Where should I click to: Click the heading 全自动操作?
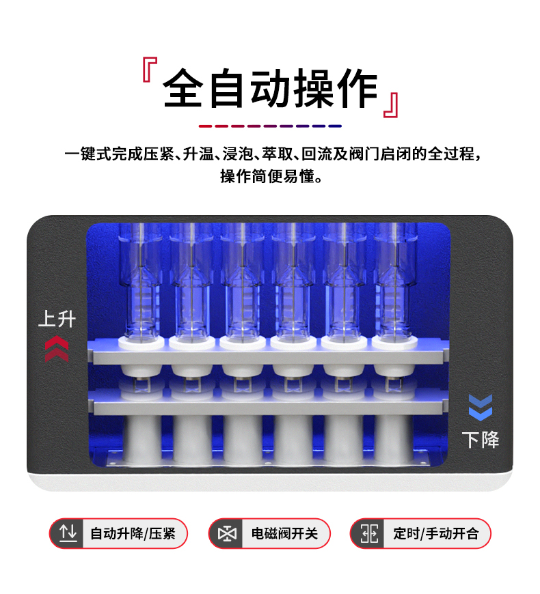coord(270,89)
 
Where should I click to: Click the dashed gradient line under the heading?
coord(270,126)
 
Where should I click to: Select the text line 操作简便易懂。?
coord(270,176)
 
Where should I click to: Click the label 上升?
coord(56,319)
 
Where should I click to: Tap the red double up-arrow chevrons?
coord(56,349)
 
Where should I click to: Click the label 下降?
coord(481,439)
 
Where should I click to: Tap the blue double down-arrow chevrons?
coord(481,408)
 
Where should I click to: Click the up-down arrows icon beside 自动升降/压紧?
coord(68,533)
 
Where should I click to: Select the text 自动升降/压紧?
coord(133,533)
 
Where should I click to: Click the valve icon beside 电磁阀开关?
coord(226,533)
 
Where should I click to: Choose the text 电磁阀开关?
coord(284,533)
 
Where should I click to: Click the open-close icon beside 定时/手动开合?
coord(369,533)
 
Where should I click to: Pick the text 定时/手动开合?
coord(435,533)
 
